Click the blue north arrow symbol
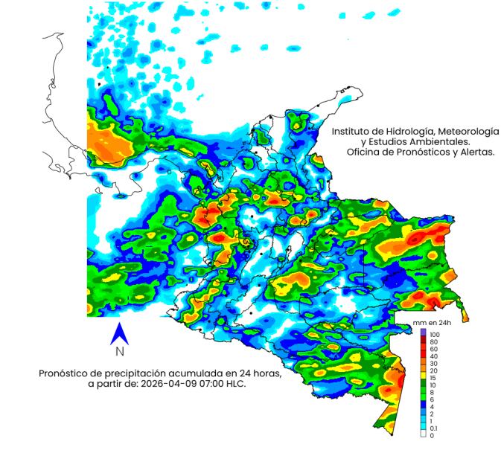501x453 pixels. pyautogui.click(x=118, y=334)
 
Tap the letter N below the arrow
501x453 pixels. pyautogui.click(x=118, y=353)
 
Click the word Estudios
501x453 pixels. pyautogui.click(x=387, y=141)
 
